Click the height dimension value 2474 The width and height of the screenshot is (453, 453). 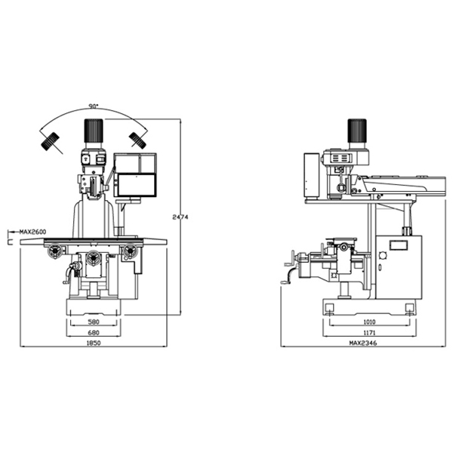179,217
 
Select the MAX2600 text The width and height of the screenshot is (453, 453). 32,232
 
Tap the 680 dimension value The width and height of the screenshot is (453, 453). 94,332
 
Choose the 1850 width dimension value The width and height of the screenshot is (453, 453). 94,343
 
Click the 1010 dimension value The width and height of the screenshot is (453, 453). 369,322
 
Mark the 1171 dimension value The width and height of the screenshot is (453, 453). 369,332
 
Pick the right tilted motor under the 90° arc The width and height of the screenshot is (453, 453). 137,140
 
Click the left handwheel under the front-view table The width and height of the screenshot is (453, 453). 54,252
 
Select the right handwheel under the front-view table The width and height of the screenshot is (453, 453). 132,251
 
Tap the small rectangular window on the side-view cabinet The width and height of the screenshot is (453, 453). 396,245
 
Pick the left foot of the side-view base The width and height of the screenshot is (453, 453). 330,307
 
